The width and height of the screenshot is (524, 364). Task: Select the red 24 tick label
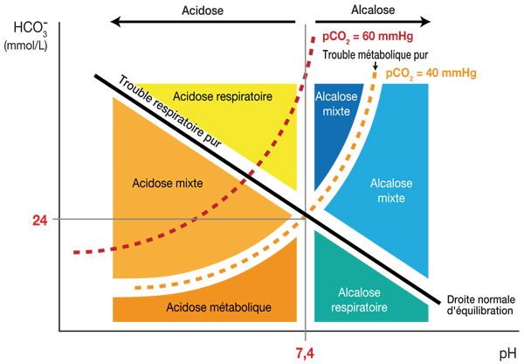coord(39,220)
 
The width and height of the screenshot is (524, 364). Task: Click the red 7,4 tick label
coord(306,351)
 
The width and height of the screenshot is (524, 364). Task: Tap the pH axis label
coord(508,352)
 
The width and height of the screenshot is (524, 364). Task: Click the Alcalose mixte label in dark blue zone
coord(337,104)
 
